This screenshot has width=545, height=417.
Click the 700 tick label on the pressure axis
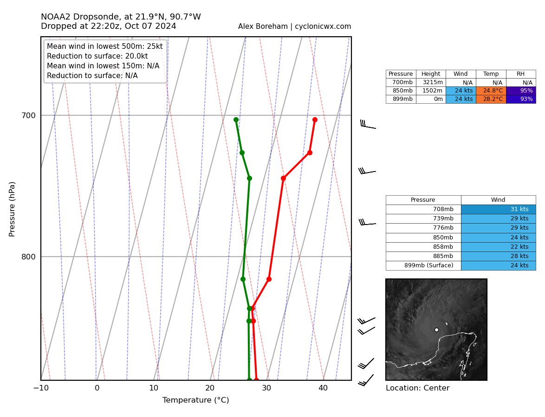28,115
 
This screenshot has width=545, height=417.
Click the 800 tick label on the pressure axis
28,257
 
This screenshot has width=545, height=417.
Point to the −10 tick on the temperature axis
41,388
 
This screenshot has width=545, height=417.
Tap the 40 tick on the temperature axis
323,388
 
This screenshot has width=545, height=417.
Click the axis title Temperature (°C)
195,400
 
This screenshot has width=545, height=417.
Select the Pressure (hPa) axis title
12,209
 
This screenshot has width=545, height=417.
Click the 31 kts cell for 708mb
498,209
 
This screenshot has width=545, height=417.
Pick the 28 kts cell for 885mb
498,256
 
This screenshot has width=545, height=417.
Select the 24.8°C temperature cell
491,91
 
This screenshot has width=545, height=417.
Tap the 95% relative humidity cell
521,91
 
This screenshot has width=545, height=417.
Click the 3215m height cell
431,82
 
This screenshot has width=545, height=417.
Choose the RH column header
521,74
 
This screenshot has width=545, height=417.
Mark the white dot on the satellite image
436,330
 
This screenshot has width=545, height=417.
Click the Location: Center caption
417,388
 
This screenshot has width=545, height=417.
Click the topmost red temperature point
315,120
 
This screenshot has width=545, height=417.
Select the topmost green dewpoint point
236,120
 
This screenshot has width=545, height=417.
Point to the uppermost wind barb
368,125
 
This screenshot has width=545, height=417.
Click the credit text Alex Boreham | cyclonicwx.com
294,26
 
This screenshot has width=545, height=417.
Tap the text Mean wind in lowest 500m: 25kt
104,46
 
